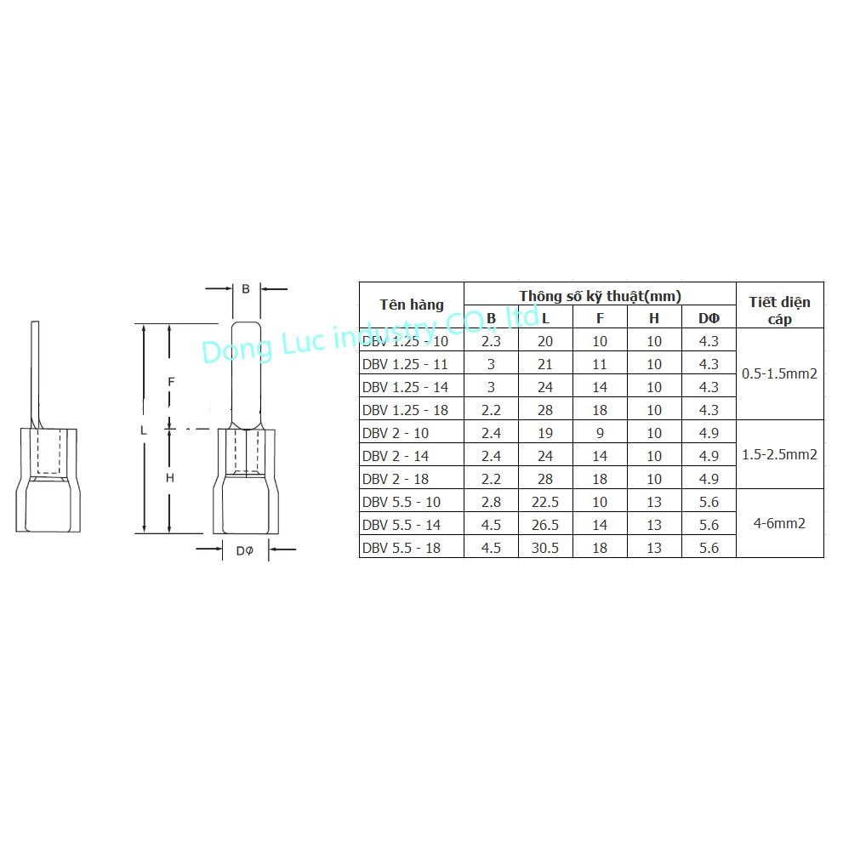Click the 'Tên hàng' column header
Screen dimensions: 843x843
click(411, 305)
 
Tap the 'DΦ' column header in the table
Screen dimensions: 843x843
click(709, 318)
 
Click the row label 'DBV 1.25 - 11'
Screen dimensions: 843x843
click(405, 364)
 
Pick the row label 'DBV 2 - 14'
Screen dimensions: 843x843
click(396, 456)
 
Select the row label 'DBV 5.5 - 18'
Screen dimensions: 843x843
click(401, 548)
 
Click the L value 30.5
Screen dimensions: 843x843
click(545, 548)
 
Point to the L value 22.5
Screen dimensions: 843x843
click(545, 502)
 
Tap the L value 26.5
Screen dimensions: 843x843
click(545, 525)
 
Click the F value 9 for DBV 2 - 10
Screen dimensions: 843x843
click(600, 433)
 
